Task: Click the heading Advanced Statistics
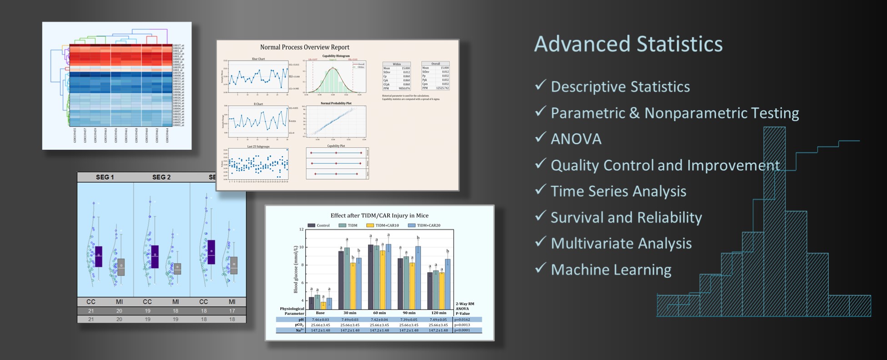(x=628, y=45)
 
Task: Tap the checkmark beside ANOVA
(x=540, y=137)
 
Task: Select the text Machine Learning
(x=610, y=269)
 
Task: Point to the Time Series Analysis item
(x=618, y=191)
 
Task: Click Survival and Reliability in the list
(x=626, y=218)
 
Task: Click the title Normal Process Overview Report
(x=304, y=47)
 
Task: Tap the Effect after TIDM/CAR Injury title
(x=379, y=216)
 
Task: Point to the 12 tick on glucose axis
(x=301, y=229)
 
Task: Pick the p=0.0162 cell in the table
(x=463, y=319)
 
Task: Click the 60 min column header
(x=379, y=313)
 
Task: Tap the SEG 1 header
(x=105, y=177)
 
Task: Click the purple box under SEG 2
(x=155, y=256)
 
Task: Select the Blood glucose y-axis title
(x=296, y=269)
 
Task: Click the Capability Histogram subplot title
(x=336, y=56)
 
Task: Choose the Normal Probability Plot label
(x=336, y=103)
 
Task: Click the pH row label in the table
(x=301, y=319)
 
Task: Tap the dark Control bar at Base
(x=312, y=303)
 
